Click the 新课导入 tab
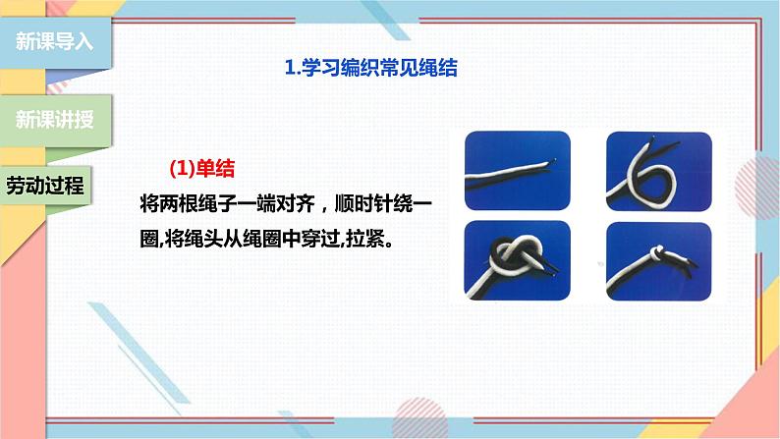pos(55,42)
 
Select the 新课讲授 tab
pos(55,120)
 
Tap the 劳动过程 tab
pos(45,186)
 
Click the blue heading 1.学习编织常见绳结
pos(371,68)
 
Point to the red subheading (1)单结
pos(202,168)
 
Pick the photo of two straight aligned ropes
pos(518,171)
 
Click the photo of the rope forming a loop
pos(659,172)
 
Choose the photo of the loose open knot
pos(518,260)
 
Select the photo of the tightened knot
pos(659,261)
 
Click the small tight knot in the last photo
pos(657,252)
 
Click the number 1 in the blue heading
pos(290,68)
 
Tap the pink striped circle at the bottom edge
pos(419,417)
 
